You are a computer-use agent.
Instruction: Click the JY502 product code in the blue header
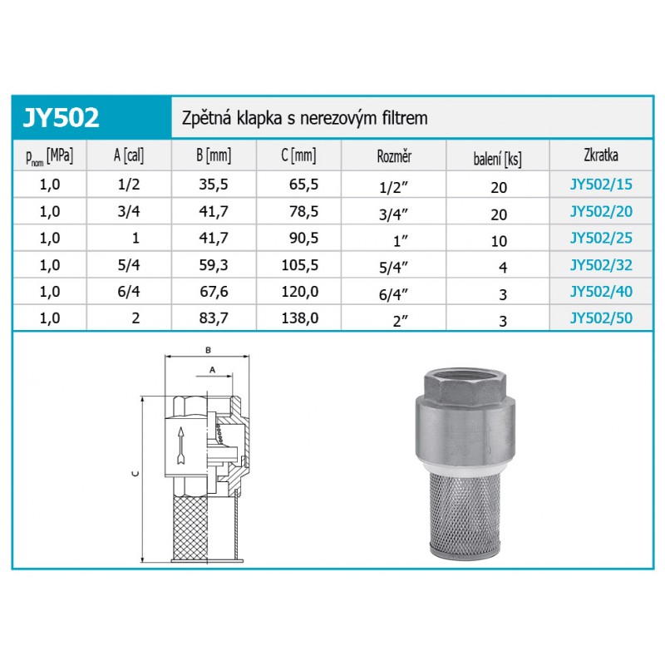point(61,117)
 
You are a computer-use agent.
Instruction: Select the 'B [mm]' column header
point(214,155)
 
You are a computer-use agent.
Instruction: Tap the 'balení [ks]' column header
point(497,159)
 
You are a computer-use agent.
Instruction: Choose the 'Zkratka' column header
point(601,155)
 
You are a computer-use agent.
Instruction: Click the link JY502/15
point(601,185)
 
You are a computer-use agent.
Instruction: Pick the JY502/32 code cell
point(601,265)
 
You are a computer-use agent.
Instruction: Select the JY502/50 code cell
point(601,318)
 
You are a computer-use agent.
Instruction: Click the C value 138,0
point(300,318)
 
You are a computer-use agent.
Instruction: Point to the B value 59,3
point(214,265)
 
